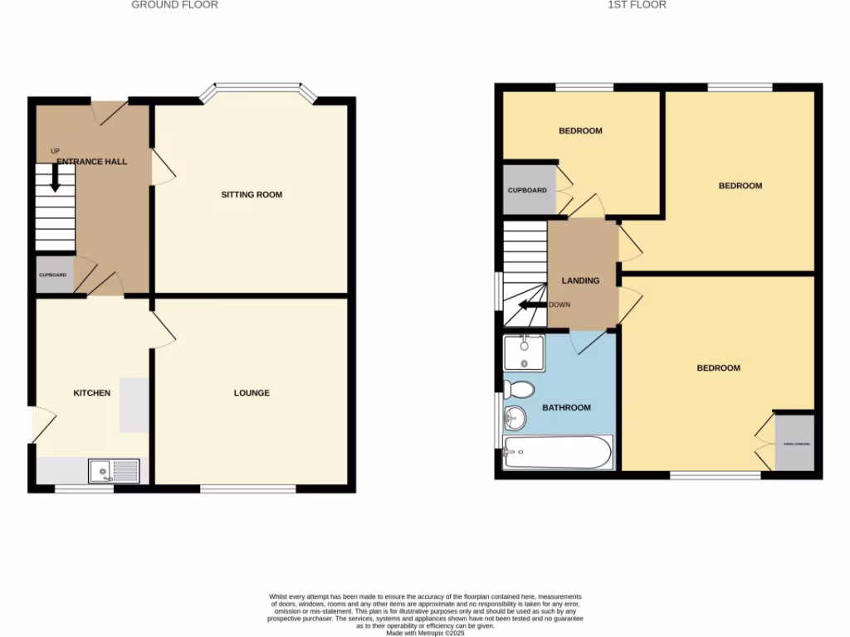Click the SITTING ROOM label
tap(252, 195)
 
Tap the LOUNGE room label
tap(252, 393)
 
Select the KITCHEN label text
tap(92, 393)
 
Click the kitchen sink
tap(115, 472)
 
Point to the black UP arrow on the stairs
tap(56, 177)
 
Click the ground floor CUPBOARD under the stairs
tap(54, 275)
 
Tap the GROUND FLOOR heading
tap(175, 5)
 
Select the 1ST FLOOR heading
tap(637, 5)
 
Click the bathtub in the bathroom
tap(557, 453)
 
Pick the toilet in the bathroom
tap(520, 389)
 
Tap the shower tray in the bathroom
tap(525, 353)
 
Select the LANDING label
tap(580, 280)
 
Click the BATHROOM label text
tap(567, 407)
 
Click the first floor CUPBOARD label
tap(527, 191)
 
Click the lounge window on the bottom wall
tap(248, 489)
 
